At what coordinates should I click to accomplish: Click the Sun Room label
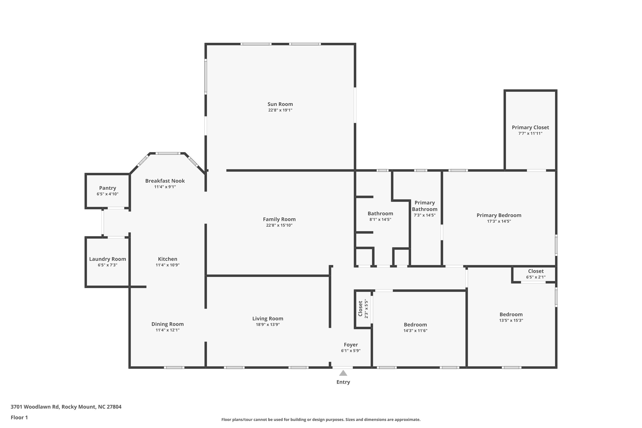(x=280, y=104)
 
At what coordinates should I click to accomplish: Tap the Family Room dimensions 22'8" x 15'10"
(x=279, y=225)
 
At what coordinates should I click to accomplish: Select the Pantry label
(x=108, y=188)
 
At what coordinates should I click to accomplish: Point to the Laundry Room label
(x=108, y=259)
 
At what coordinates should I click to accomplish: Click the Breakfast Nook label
(x=165, y=181)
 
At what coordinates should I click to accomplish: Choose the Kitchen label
(x=168, y=259)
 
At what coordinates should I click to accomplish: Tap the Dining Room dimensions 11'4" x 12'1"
(x=168, y=330)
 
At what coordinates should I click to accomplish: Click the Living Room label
(x=268, y=319)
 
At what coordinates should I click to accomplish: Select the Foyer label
(x=351, y=345)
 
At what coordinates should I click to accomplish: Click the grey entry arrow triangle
(x=343, y=373)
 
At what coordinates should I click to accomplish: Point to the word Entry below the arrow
(x=343, y=382)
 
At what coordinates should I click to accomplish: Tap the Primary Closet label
(x=530, y=128)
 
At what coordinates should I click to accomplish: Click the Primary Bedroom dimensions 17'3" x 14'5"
(x=499, y=221)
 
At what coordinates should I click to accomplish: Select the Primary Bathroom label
(x=425, y=206)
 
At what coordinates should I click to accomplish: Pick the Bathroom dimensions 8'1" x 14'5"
(x=380, y=220)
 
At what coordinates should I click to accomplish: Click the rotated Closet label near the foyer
(x=360, y=309)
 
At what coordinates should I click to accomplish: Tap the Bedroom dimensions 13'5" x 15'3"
(x=511, y=320)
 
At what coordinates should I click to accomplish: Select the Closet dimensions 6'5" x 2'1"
(x=536, y=277)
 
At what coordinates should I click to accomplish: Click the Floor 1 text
(x=19, y=417)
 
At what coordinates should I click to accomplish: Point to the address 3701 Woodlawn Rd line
(x=66, y=407)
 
